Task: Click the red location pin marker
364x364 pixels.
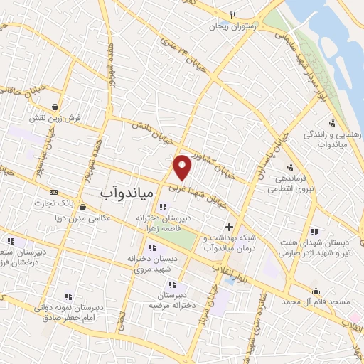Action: [x=183, y=167]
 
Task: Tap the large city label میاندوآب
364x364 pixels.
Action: [x=117, y=193]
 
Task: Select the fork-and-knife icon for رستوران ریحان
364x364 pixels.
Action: [x=232, y=14]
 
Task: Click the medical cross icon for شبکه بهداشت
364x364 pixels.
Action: [x=228, y=227]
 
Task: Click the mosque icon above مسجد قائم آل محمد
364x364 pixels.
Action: [x=316, y=290]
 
